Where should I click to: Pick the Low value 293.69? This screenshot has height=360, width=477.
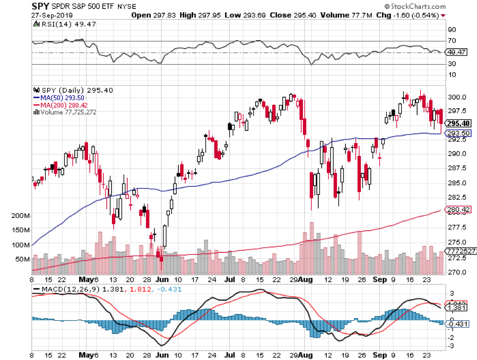[x=249, y=16]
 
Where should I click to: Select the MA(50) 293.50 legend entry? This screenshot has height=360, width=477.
[x=60, y=98]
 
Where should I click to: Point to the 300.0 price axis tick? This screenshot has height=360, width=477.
[x=458, y=98]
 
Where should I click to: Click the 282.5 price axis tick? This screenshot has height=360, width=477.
[x=458, y=198]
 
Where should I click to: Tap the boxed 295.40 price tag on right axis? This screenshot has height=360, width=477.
[x=458, y=123]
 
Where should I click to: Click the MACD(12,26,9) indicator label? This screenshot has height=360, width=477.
[x=70, y=289]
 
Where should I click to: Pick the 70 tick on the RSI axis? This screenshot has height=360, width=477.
[x=452, y=40]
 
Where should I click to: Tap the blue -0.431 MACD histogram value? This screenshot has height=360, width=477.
[x=458, y=324]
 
